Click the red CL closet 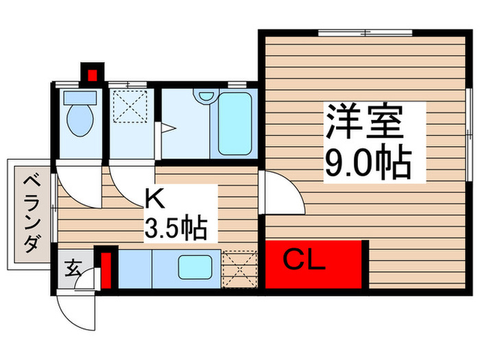313,263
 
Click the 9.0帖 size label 366,163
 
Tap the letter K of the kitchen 154,200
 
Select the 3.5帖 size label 176,227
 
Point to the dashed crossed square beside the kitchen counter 239,268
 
